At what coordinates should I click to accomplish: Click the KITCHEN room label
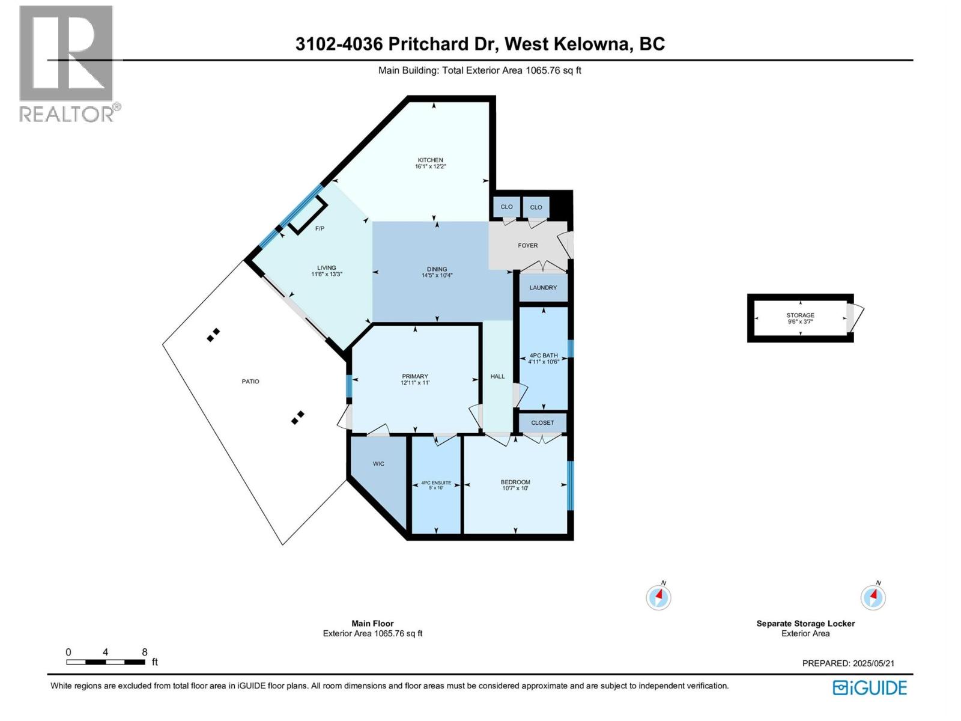(430, 160)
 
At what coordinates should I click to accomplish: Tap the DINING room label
(437, 269)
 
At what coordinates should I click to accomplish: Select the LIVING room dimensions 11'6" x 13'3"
(327, 275)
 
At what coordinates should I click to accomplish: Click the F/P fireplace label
(320, 229)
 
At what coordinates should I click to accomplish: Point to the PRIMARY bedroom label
(415, 376)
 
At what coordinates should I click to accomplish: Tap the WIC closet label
(378, 464)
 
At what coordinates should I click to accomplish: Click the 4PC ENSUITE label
(436, 482)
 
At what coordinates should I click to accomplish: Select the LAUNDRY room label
(543, 288)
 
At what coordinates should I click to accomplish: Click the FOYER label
(528, 245)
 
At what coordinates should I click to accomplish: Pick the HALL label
(497, 377)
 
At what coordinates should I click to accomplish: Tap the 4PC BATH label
(543, 355)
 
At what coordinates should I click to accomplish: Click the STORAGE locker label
(800, 315)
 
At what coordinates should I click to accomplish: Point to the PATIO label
(250, 382)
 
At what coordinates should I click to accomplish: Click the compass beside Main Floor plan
(658, 597)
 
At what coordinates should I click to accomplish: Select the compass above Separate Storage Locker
(873, 597)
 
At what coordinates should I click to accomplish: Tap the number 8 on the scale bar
(145, 652)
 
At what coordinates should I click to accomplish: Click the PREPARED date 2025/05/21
(873, 663)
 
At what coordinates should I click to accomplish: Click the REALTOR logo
(67, 63)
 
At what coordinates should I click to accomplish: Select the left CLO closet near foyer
(506, 207)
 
